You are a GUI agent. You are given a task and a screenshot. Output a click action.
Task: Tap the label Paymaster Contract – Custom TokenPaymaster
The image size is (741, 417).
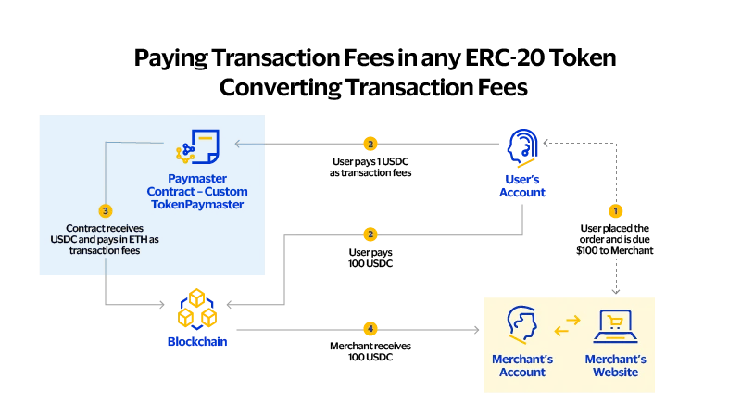(x=197, y=191)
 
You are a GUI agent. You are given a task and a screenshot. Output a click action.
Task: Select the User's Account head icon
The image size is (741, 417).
(x=522, y=146)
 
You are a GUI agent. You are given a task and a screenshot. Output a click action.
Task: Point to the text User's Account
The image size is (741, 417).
(x=522, y=185)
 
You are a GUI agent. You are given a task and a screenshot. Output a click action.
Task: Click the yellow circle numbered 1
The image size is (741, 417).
(x=616, y=210)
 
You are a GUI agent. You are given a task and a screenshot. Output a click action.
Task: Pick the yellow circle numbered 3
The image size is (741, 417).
(x=105, y=210)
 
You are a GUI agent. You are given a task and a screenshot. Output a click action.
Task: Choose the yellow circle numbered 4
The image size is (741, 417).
(x=370, y=329)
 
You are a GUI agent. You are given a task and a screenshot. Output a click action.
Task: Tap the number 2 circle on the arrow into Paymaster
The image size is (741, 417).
(x=370, y=144)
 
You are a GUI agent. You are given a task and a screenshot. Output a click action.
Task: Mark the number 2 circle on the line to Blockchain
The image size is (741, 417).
(x=370, y=234)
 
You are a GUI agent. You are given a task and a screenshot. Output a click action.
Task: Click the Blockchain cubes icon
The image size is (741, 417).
(x=197, y=309)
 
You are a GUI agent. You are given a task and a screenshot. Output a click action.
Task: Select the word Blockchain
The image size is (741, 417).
(x=197, y=342)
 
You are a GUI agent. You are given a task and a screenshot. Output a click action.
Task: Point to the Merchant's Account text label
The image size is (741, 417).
(x=522, y=365)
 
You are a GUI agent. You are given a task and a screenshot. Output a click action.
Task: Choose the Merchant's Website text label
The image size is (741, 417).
(x=615, y=365)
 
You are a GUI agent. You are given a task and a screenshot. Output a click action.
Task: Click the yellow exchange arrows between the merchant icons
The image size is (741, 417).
(x=567, y=325)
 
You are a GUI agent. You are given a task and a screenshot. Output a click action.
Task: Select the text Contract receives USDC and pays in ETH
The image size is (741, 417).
(x=105, y=239)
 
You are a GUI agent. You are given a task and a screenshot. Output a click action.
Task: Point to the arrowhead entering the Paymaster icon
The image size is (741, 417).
(x=238, y=144)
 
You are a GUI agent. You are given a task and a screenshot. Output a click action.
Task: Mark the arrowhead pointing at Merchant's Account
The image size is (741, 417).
(x=477, y=329)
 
